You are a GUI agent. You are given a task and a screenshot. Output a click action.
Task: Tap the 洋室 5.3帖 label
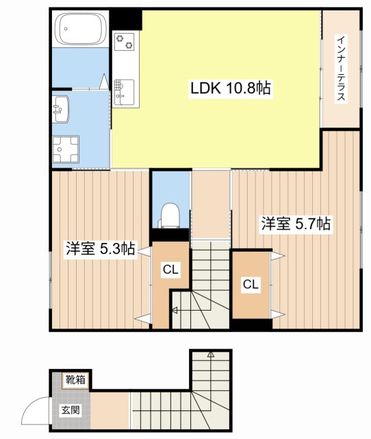(100, 248)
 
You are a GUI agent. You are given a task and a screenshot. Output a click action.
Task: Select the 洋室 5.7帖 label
(296, 224)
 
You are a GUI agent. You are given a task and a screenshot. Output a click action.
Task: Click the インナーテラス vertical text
(340, 69)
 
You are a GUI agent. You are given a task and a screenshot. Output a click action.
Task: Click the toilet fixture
(170, 215)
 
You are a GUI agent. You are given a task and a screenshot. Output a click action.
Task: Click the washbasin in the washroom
(60, 108)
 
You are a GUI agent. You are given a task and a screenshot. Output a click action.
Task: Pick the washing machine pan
(67, 150)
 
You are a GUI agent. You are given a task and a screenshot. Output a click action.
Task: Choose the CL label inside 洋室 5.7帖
(251, 285)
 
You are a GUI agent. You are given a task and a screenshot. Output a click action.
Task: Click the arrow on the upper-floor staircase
(175, 310)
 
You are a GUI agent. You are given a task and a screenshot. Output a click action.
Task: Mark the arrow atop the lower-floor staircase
(210, 355)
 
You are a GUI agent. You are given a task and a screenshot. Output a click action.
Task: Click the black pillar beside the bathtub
(126, 20)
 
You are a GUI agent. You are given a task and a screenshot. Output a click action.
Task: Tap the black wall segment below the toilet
(170, 235)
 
